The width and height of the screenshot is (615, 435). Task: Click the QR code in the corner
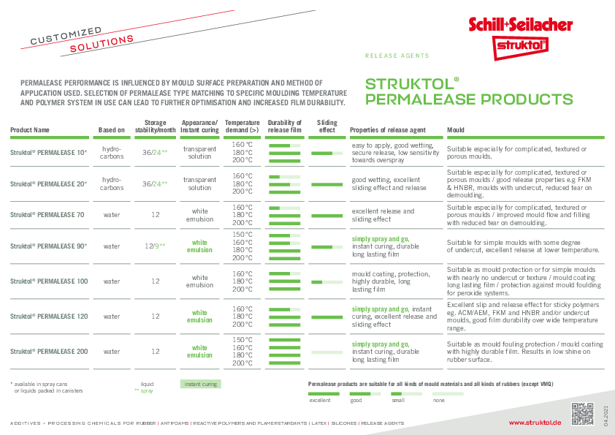[581, 413]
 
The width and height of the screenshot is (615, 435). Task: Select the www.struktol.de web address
[535, 423]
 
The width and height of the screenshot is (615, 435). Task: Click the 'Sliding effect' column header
[328, 126]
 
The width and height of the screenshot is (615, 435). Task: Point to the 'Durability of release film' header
[285, 126]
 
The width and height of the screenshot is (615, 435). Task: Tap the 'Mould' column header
[455, 130]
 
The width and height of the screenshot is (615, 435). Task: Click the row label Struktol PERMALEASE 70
[47, 215]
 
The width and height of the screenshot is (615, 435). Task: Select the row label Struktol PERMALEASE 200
[49, 352]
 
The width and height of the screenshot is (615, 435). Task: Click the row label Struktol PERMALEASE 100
[49, 281]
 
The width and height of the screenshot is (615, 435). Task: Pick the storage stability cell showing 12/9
[154, 246]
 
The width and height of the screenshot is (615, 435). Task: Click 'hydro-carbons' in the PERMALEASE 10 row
[112, 152]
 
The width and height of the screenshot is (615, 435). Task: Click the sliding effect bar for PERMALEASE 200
[326, 352]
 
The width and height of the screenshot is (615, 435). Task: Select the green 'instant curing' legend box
[199, 384]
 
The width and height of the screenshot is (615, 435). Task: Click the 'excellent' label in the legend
[320, 401]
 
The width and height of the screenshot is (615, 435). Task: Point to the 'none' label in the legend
[438, 401]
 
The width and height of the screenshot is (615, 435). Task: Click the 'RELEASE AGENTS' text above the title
[397, 56]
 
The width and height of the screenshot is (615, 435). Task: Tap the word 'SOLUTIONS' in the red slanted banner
[102, 44]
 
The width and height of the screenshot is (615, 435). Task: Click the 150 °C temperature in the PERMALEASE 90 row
[242, 235]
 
